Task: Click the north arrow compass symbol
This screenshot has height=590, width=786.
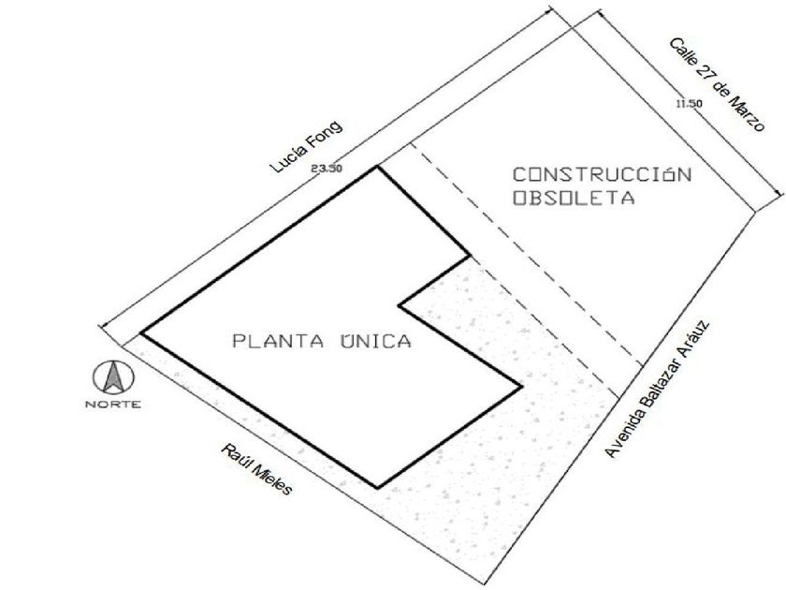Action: pos(113,377)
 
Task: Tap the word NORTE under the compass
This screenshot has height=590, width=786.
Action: pos(113,404)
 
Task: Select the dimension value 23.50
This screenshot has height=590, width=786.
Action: pos(327,169)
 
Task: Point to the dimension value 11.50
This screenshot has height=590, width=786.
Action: pos(689,104)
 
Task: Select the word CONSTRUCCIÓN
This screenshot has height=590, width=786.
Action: pos(602,174)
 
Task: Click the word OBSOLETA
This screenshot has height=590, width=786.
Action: pos(574,198)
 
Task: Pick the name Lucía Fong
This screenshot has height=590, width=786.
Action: pos(307,146)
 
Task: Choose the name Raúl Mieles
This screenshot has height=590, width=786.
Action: pos(256,469)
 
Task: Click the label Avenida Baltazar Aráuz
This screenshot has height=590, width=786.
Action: pos(657,390)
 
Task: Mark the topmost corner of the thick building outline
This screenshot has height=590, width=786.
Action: pos(377,167)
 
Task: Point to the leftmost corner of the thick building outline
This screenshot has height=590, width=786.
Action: pos(142,332)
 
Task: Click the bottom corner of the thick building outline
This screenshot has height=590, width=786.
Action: pos(377,487)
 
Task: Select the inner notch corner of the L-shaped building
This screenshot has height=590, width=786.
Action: pos(400,305)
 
